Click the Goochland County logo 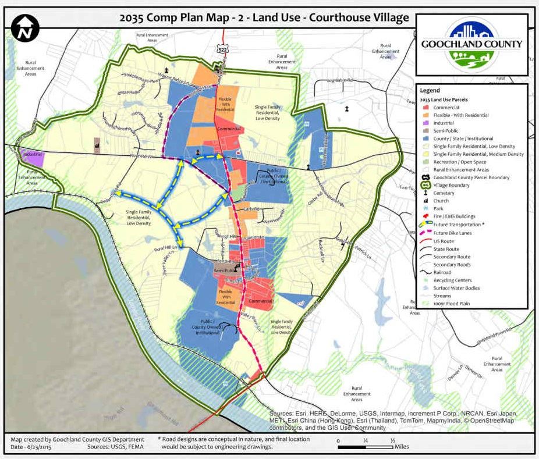pos(471,45)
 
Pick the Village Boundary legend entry pos(452,185)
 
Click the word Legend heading pos(430,91)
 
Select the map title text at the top pos(264,17)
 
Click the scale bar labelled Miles pos(367,447)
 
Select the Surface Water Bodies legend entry pos(459,288)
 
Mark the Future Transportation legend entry pos(459,225)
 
